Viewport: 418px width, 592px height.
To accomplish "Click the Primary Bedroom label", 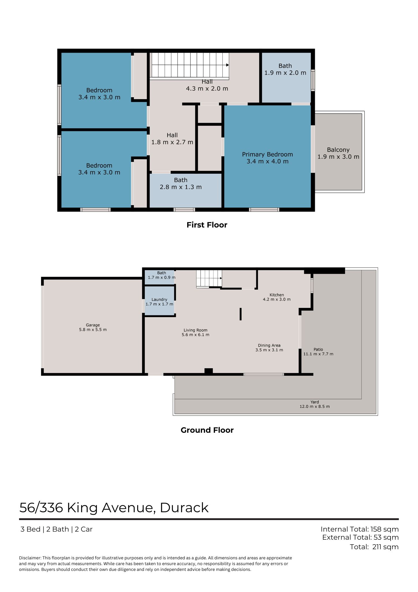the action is pyautogui.click(x=267, y=154).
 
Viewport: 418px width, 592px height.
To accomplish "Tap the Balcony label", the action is pyautogui.click(x=338, y=150).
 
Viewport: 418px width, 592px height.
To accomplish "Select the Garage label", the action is pyautogui.click(x=93, y=325).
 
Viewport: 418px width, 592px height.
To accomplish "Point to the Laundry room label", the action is pyautogui.click(x=159, y=299).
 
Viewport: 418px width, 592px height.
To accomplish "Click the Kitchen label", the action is pyautogui.click(x=277, y=295).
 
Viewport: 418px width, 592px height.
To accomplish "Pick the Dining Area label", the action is pyautogui.click(x=269, y=345).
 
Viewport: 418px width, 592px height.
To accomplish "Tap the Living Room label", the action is pyautogui.click(x=196, y=330).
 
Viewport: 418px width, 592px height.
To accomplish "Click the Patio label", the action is pyautogui.click(x=318, y=349).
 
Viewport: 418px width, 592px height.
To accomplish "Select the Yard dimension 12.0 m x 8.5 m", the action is pyautogui.click(x=315, y=406).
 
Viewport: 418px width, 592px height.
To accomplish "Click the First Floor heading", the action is pyautogui.click(x=207, y=225).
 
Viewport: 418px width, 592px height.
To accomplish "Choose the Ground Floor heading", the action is pyautogui.click(x=207, y=430).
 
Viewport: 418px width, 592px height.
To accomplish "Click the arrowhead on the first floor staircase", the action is pyautogui.click(x=228, y=65).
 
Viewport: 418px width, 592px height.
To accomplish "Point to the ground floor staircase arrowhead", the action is pyautogui.click(x=221, y=278).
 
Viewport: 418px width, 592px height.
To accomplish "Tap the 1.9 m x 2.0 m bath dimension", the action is pyautogui.click(x=285, y=73).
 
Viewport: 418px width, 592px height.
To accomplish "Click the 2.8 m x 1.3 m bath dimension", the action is pyautogui.click(x=181, y=187).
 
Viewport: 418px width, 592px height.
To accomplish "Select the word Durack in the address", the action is pyautogui.click(x=184, y=508).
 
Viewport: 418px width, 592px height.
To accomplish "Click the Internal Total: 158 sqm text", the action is pyautogui.click(x=360, y=529).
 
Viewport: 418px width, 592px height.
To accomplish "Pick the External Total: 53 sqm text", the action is pyautogui.click(x=361, y=537).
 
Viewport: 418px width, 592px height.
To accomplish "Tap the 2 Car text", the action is pyautogui.click(x=84, y=529).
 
